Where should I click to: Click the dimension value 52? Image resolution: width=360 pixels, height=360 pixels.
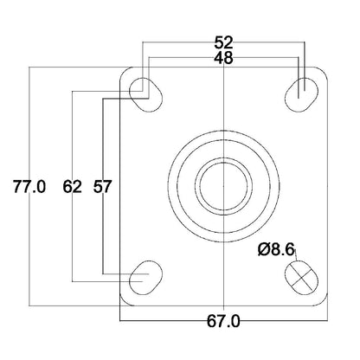(x=223, y=42)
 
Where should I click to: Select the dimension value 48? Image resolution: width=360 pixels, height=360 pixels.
(x=223, y=58)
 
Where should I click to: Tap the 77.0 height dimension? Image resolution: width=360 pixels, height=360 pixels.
(x=29, y=186)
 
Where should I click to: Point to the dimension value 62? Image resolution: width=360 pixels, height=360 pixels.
(x=73, y=186)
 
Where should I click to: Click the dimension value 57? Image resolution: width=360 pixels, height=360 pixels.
(x=102, y=186)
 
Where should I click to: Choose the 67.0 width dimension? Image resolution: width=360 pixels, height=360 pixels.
(x=223, y=321)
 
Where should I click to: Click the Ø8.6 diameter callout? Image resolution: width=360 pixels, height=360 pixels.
(x=276, y=249)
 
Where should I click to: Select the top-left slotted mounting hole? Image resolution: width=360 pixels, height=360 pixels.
(x=145, y=94)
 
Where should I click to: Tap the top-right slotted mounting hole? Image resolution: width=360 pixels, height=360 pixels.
(x=301, y=94)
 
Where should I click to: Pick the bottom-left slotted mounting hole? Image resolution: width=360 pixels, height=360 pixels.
(x=145, y=277)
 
